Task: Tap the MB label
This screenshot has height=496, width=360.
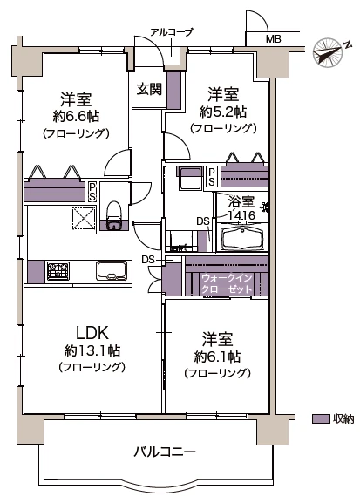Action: coord(273,39)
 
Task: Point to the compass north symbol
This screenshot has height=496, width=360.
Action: coord(328,51)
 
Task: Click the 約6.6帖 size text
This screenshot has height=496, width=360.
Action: coord(76,117)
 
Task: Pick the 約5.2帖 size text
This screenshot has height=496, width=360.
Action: coord(222,112)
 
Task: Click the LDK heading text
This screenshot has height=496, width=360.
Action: coord(92,332)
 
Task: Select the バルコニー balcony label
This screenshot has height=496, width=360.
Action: coord(164,452)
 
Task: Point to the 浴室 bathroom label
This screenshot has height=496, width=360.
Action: coord(241,200)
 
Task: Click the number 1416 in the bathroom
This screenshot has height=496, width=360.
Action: coord(241,214)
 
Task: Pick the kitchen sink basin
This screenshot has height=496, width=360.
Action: coord(112,271)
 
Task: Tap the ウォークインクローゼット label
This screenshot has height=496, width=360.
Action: coord(226,283)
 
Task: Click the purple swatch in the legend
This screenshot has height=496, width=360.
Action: coord(319,418)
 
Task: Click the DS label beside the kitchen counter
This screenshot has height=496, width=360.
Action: coord(148,260)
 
